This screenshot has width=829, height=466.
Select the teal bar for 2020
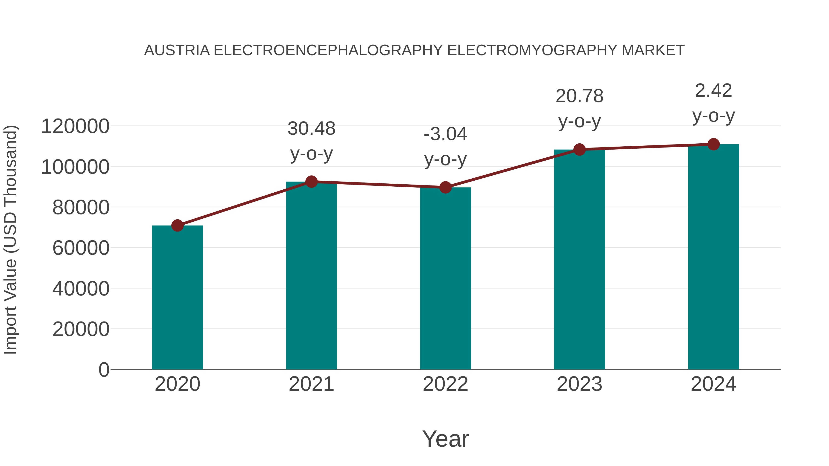coord(177,298)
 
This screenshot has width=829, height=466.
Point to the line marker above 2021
coord(312,182)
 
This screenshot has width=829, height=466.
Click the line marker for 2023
coord(579,150)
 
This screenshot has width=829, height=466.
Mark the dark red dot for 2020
coord(177,226)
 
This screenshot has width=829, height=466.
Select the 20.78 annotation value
coord(579,96)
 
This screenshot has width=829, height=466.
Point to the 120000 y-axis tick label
coord(75,126)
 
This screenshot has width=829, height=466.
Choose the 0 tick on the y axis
coord(104,370)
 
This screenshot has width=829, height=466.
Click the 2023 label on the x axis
coord(579,384)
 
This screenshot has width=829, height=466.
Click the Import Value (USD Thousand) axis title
coord(10,240)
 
